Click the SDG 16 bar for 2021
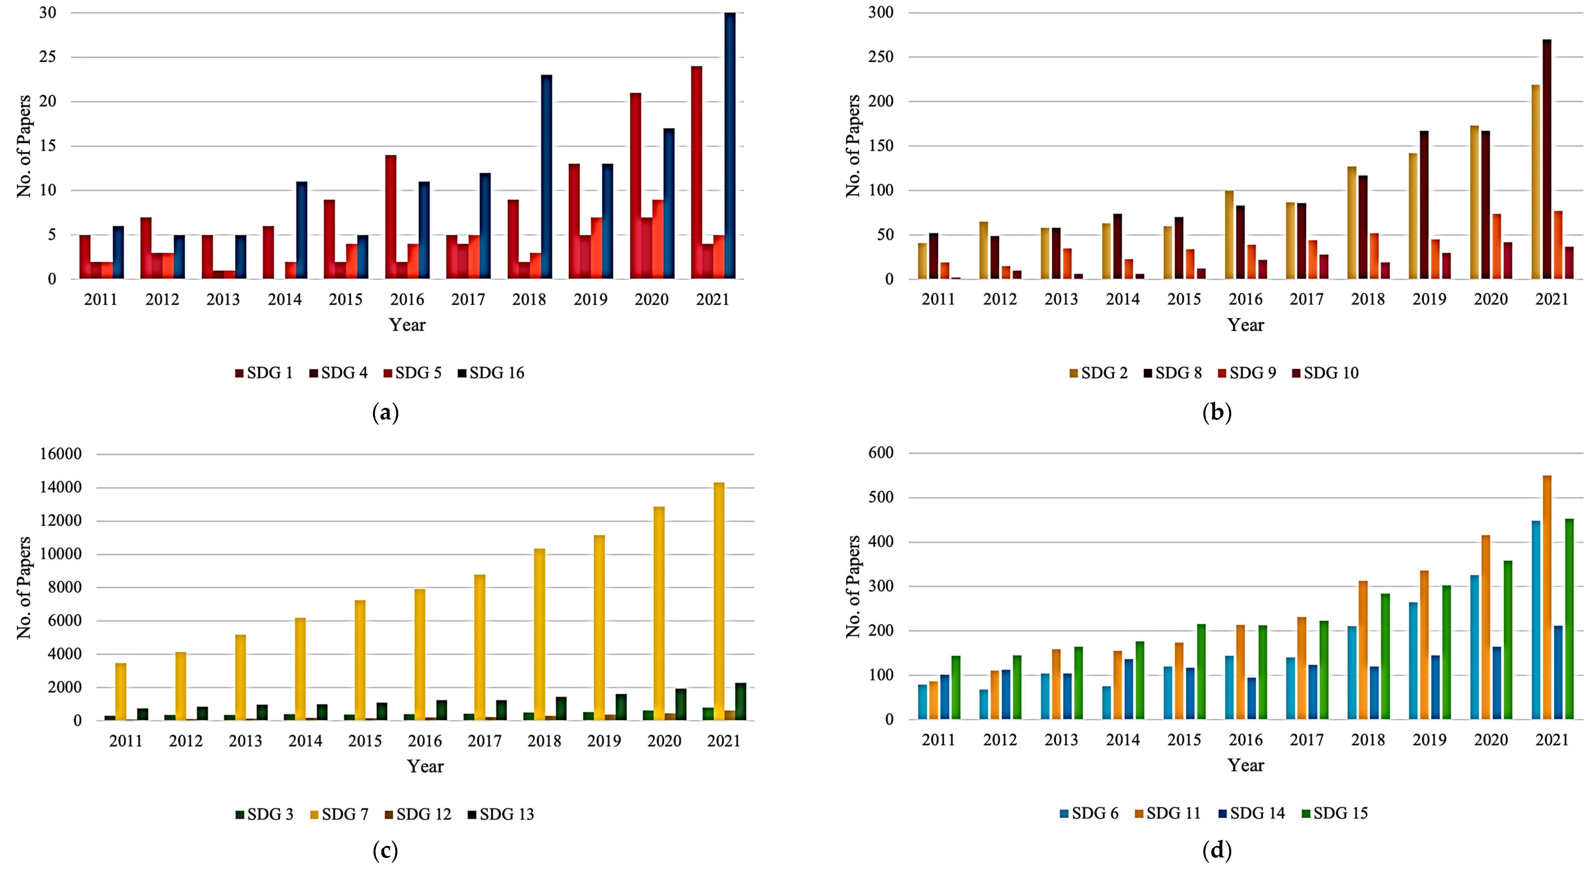[x=730, y=146]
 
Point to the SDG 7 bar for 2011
[x=121, y=692]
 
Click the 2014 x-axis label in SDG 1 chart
[x=284, y=300]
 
